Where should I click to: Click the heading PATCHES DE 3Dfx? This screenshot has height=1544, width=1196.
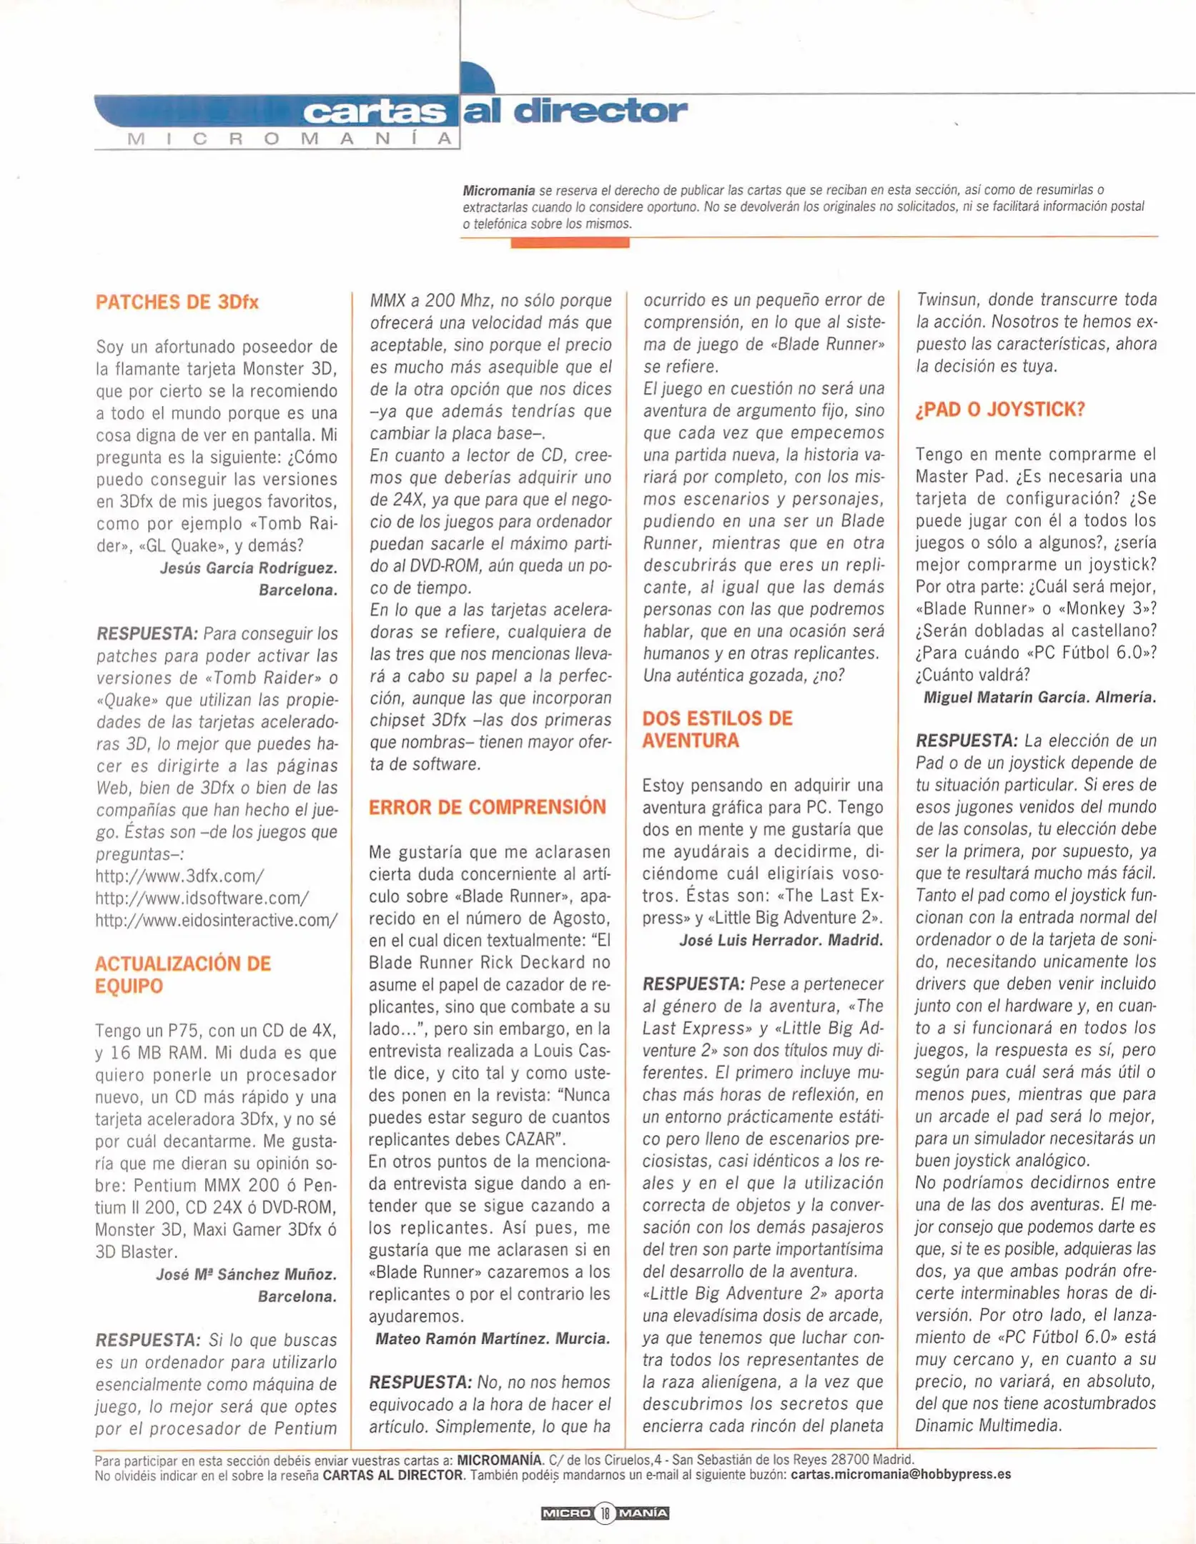click(177, 302)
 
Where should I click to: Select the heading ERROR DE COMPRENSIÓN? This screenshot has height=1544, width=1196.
click(487, 807)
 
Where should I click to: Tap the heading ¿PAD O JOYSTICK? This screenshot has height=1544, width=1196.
click(1000, 410)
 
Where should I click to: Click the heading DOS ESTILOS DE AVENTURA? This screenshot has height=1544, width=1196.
click(716, 729)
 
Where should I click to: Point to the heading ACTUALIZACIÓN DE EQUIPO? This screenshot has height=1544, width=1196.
click(182, 974)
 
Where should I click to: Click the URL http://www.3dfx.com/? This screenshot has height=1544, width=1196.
click(179, 876)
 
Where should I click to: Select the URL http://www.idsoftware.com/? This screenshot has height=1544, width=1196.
click(202, 898)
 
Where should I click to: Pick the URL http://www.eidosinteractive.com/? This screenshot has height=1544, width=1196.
click(216, 920)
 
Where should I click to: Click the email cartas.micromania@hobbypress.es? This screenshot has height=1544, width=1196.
click(900, 1474)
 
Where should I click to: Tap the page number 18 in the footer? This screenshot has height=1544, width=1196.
click(605, 1513)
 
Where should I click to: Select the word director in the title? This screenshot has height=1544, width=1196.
click(601, 111)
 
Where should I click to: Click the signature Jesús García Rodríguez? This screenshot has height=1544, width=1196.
click(248, 568)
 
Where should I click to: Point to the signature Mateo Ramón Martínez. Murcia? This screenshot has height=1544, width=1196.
click(493, 1338)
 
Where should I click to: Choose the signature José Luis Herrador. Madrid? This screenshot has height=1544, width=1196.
click(781, 940)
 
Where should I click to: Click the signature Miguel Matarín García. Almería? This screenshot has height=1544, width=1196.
click(1039, 697)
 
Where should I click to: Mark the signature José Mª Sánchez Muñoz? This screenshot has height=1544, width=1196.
click(246, 1274)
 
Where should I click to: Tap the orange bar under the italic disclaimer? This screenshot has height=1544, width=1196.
click(570, 243)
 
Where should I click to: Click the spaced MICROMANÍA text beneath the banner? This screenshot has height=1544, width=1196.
click(290, 139)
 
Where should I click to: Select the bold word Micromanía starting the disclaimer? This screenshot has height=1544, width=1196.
click(498, 191)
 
